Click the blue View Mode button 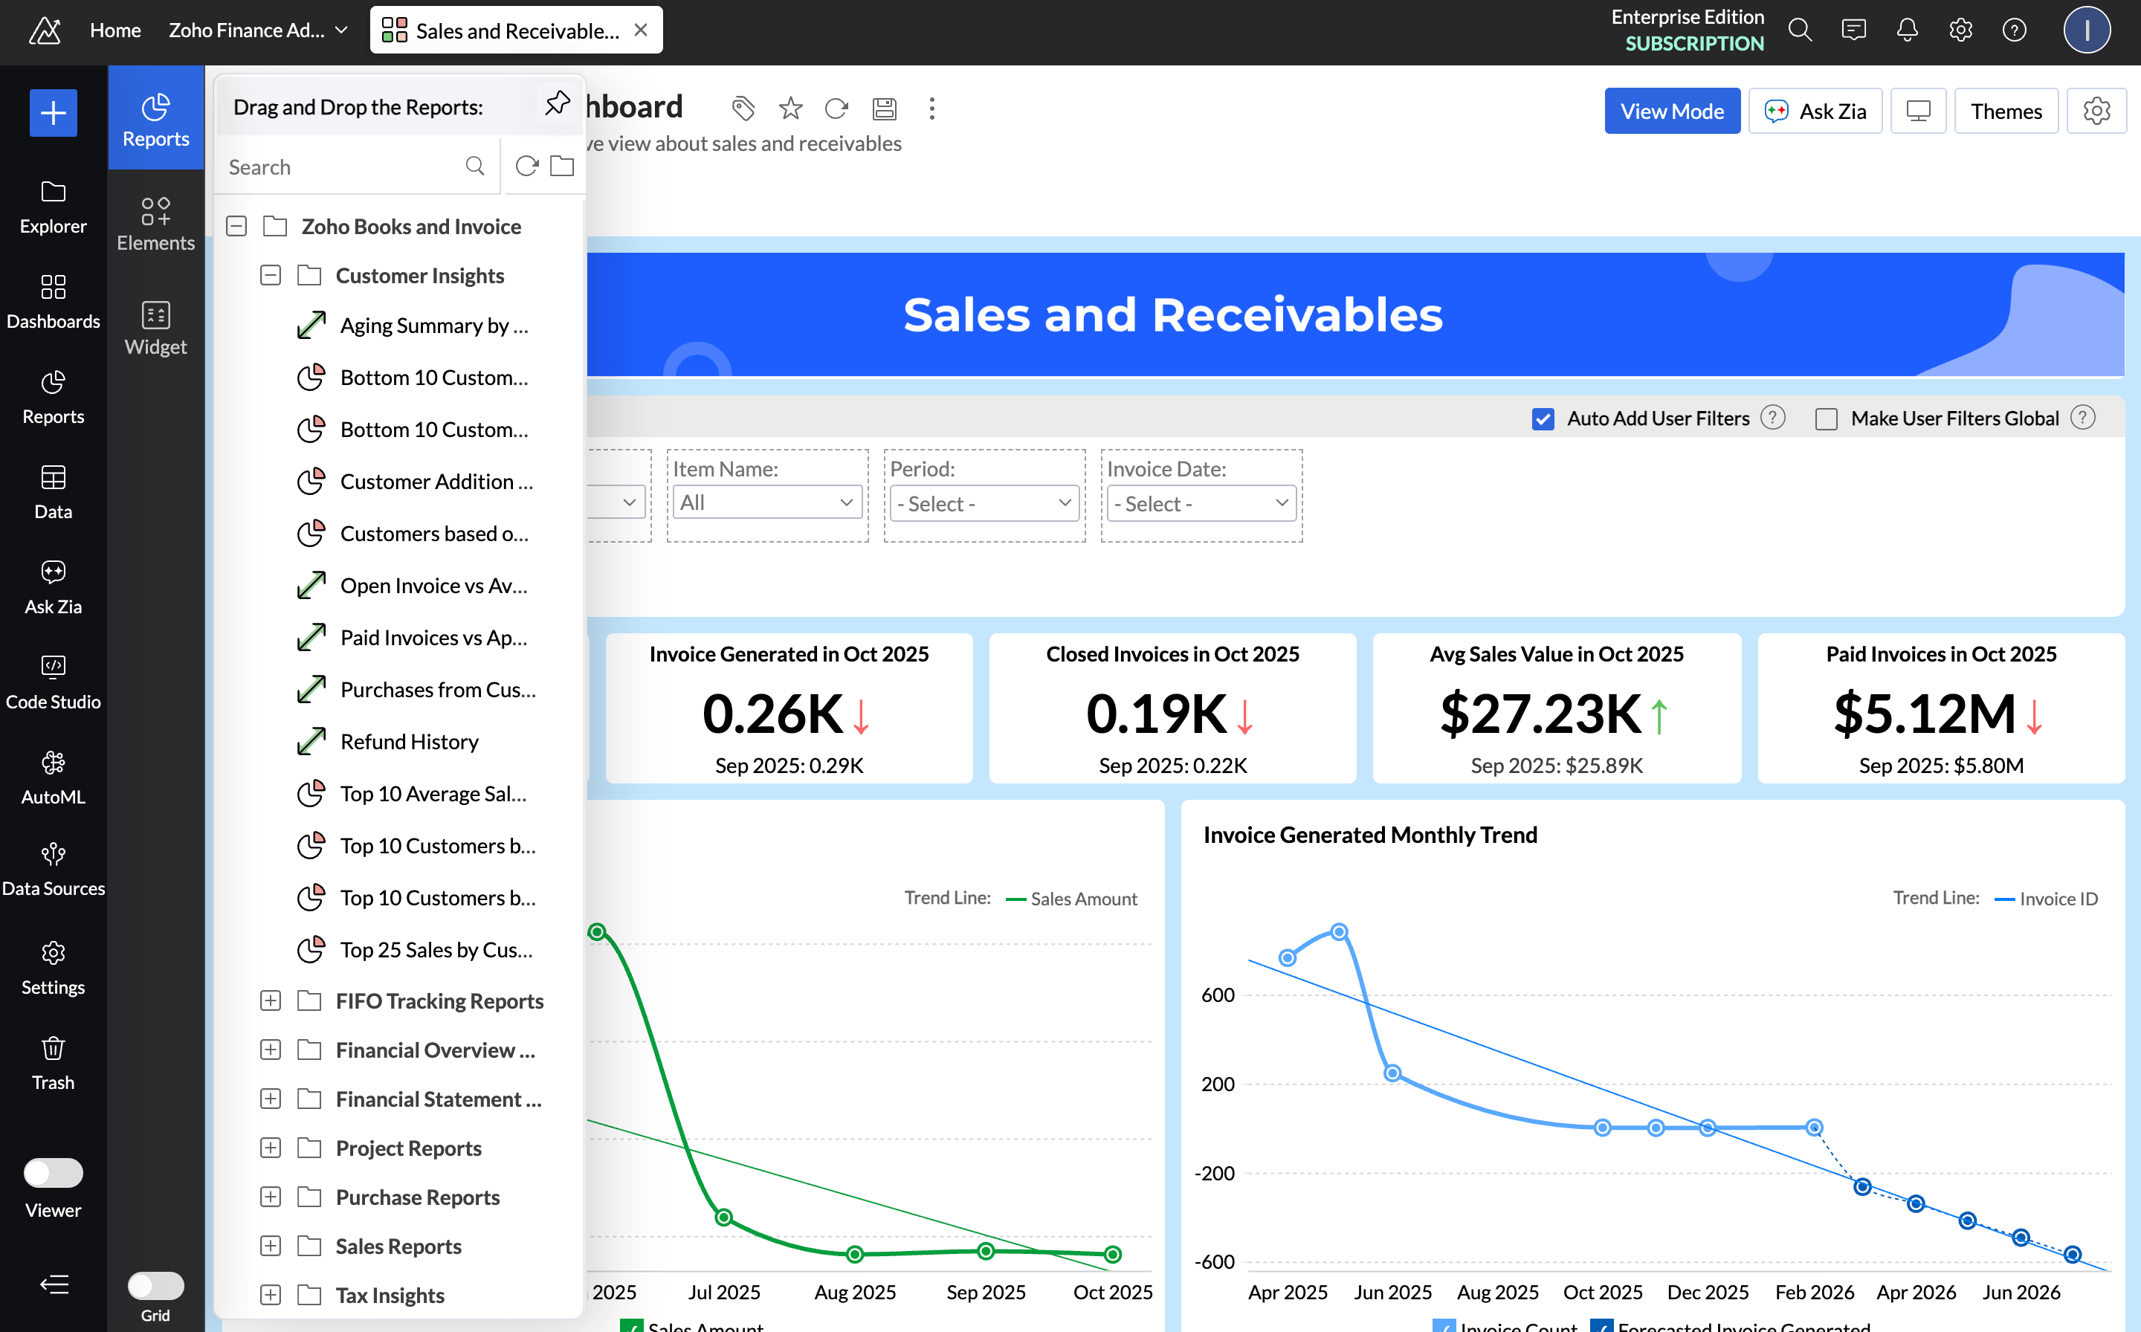click(1670, 111)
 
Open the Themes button click(2005, 111)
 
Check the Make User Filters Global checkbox click(1826, 419)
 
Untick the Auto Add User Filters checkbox click(1542, 419)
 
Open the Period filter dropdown click(984, 504)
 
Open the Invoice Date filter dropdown click(1200, 504)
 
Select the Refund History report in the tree click(409, 742)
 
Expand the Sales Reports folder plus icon click(271, 1246)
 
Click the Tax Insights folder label click(390, 1295)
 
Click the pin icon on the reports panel click(557, 104)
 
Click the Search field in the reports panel click(343, 167)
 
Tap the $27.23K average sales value click(1540, 714)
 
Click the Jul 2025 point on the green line click(723, 1218)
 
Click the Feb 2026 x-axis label click(1813, 1293)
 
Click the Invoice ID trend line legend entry click(2057, 899)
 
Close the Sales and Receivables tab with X click(641, 30)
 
